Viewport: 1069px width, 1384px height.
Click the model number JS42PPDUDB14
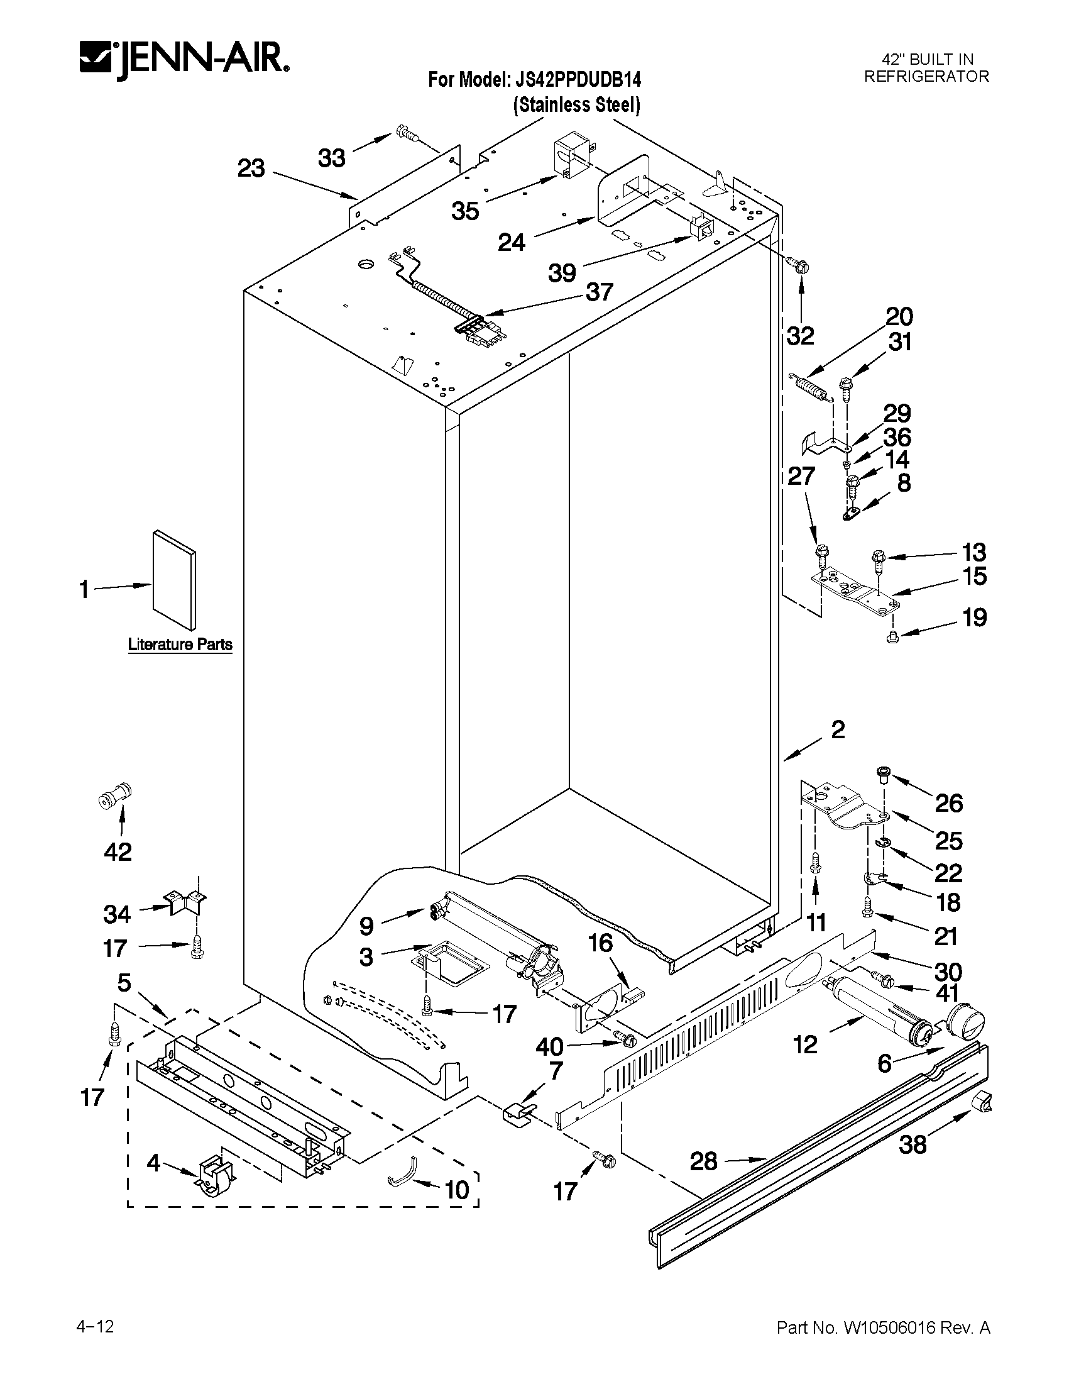click(574, 80)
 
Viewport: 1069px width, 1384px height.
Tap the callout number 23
click(251, 169)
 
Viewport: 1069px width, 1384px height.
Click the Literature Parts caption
click(180, 645)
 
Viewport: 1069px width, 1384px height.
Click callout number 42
click(118, 851)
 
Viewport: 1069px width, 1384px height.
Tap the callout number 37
click(599, 292)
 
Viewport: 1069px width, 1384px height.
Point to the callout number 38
click(913, 1144)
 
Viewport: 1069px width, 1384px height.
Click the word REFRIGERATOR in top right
click(926, 77)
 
